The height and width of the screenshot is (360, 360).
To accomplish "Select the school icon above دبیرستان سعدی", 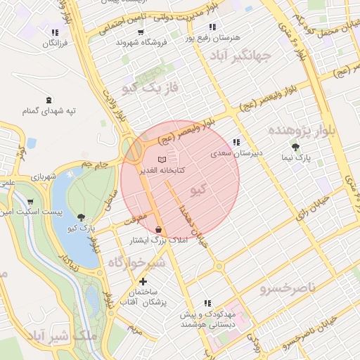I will pyautogui.click(x=236, y=142).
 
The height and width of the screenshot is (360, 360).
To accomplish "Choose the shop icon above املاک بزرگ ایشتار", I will pyautogui.click(x=159, y=229).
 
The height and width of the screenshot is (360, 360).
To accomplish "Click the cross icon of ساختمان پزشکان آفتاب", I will pyautogui.click(x=143, y=281).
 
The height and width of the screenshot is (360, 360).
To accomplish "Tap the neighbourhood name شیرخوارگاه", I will pyautogui.click(x=136, y=262).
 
